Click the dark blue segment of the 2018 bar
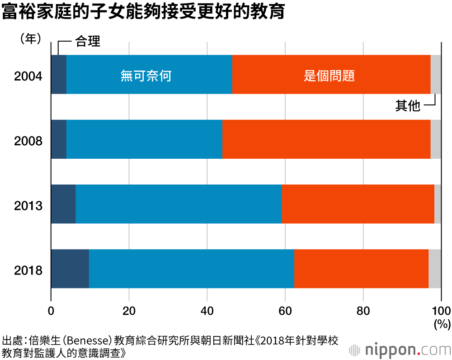70,269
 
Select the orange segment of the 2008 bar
326,139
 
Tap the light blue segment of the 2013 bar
179,204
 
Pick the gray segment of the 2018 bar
434,269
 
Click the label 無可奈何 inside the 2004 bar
146,76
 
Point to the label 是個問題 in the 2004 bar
329,76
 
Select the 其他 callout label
408,106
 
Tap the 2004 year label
28,76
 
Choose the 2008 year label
28,141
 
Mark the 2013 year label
28,206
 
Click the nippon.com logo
400,350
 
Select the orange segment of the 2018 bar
361,269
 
